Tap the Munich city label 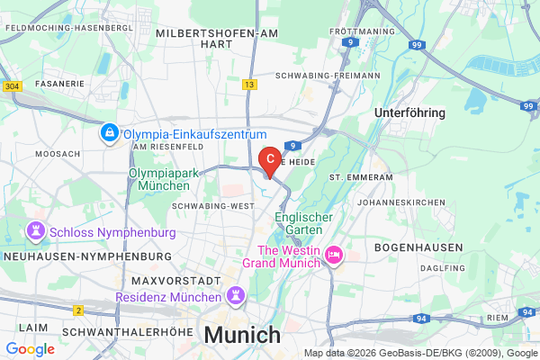pos(242,335)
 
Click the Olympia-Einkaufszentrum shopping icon pos(109,133)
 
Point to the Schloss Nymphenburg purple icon pos(36,230)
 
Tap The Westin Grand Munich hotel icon pos(333,256)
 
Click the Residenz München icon pos(236,295)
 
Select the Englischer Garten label pos(303,224)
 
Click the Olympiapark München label pos(158,178)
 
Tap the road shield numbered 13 pos(248,84)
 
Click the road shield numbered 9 pos(294,144)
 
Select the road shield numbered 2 pos(78,310)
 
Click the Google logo pos(30,349)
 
